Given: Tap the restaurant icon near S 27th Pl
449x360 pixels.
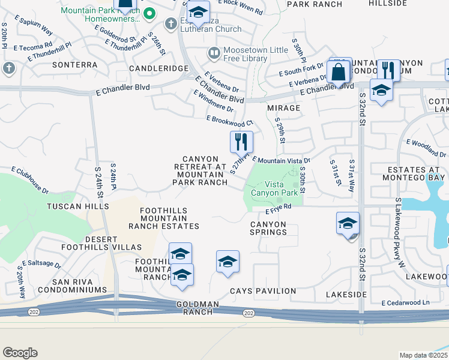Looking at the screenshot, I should point(241,142).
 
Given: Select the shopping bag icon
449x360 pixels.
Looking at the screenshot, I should point(339,71).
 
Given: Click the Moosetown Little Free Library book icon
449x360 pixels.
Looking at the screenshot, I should point(214,54).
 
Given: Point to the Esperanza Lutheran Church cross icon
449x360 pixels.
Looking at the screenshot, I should point(171,24).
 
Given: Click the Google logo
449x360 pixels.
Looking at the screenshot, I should point(20,353).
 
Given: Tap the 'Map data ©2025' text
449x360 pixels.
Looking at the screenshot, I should point(423,355).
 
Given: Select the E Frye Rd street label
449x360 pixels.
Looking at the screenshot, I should point(279,208).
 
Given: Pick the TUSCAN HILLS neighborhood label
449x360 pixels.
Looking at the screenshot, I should point(79,206).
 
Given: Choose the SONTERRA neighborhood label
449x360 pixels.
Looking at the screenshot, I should point(75,64).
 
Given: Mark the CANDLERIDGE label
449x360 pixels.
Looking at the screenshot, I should point(164,68).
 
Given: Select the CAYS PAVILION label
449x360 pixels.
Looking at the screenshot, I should point(263,291).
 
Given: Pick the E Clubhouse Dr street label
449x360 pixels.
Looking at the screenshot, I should point(27,181).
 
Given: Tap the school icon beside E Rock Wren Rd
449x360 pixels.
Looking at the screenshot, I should point(197,12).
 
